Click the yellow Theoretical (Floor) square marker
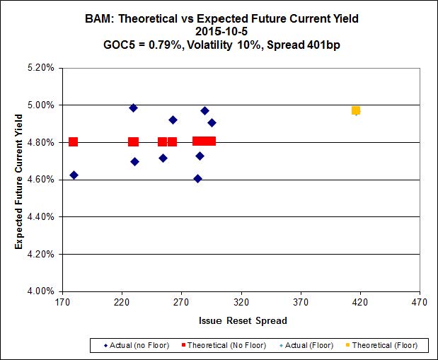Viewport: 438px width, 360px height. tap(356, 110)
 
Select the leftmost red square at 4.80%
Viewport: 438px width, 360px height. tap(73, 141)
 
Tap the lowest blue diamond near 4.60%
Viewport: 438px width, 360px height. tap(197, 178)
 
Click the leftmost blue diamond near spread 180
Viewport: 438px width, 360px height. tap(74, 175)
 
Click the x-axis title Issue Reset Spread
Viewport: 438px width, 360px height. tap(243, 321)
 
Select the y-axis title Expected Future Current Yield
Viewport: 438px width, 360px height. tap(19, 180)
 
